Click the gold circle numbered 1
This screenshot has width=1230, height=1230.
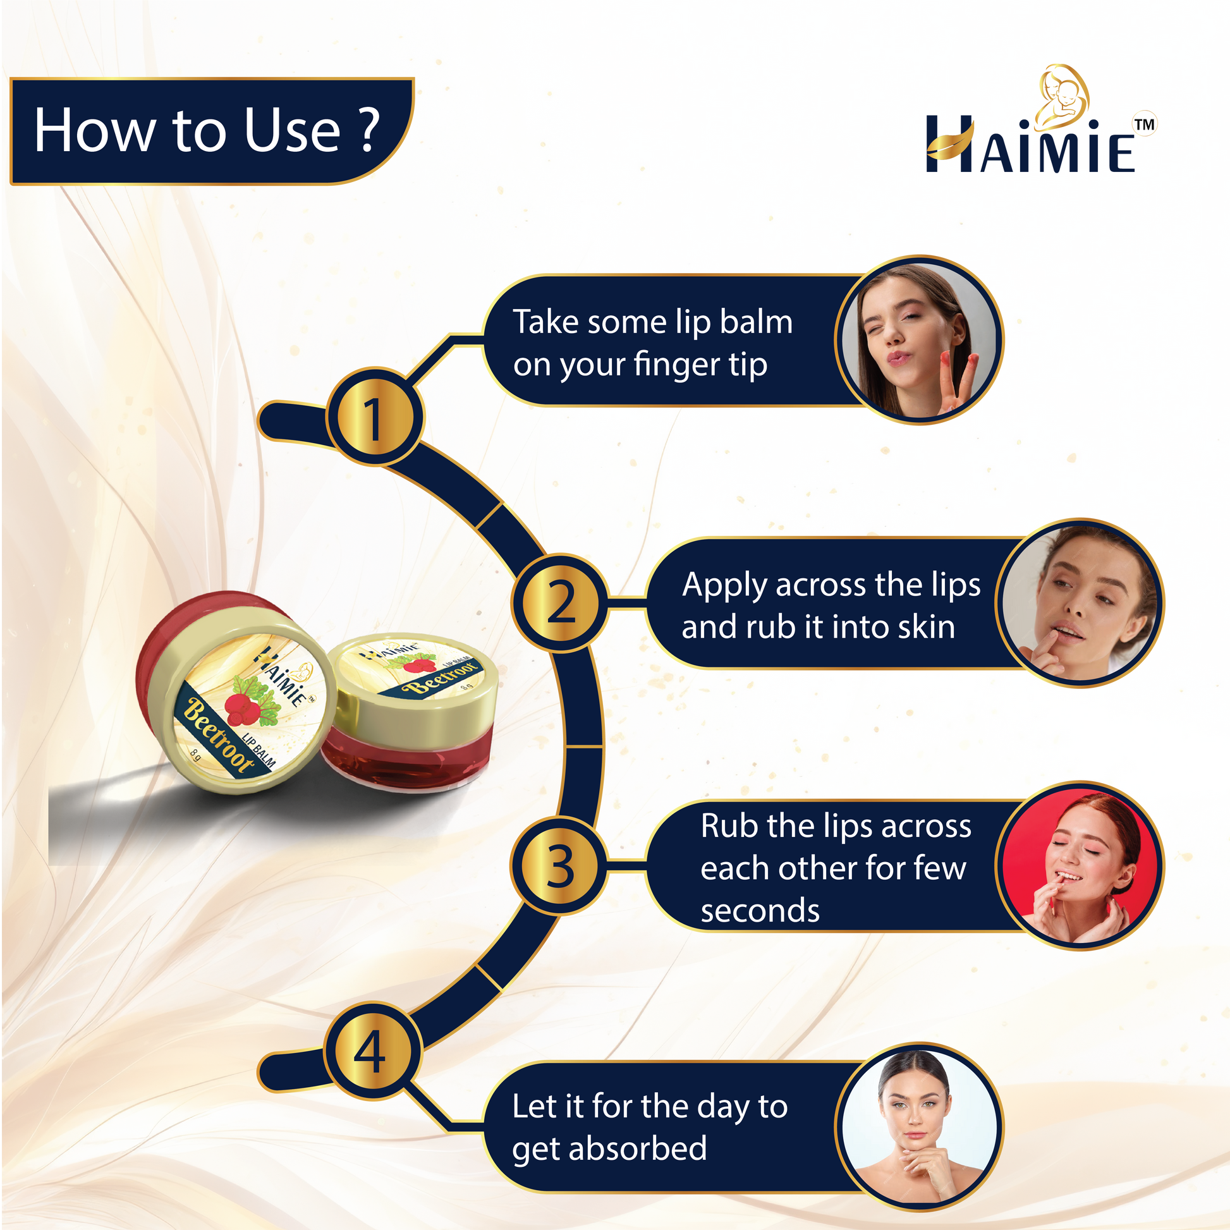(374, 417)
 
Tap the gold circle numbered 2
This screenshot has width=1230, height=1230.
(560, 602)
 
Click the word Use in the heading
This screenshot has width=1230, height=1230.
(293, 130)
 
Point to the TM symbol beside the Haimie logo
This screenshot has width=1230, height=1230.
(1145, 124)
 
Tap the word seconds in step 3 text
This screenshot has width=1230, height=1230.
(760, 911)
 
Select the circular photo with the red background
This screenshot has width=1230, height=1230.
(1080, 866)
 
